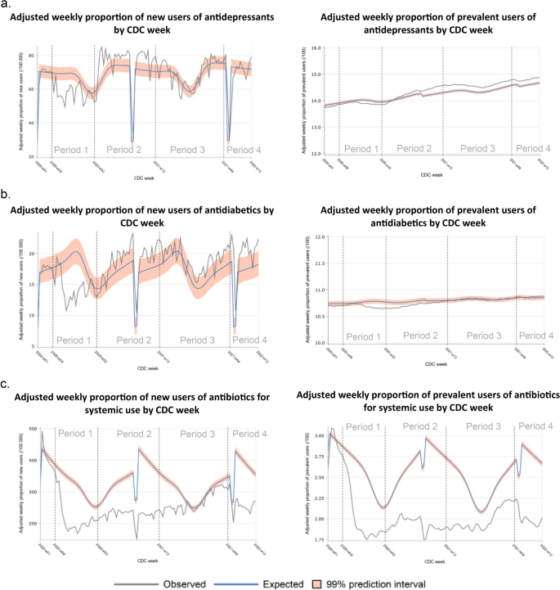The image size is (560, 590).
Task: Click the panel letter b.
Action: [7, 196]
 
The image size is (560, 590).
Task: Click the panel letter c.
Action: [7, 384]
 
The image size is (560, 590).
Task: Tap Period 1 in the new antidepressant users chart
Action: [72, 150]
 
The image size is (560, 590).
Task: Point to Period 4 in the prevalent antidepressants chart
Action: [531, 149]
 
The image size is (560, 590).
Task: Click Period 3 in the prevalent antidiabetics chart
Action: [482, 336]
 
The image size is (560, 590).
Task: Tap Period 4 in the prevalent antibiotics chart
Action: [531, 426]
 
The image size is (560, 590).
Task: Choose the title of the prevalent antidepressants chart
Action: [423, 23]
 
